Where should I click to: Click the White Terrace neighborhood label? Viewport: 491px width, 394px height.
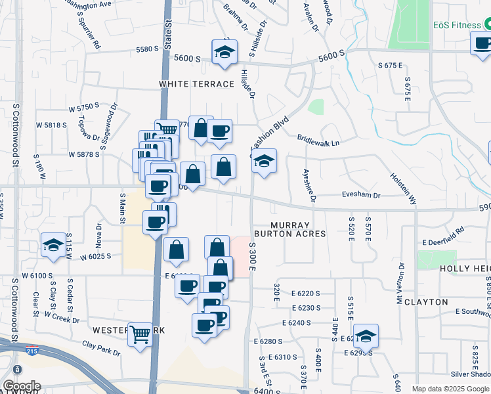point(197,84)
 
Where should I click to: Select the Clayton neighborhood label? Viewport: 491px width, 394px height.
point(444,302)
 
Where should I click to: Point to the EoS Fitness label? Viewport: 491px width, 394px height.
point(458,25)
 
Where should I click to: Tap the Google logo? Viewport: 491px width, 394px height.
point(21,386)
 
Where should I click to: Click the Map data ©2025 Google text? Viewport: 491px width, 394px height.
point(450,389)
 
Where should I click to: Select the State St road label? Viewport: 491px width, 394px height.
point(169,32)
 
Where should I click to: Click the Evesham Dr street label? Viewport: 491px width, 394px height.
point(360,195)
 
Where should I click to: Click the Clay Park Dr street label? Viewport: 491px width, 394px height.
point(101,349)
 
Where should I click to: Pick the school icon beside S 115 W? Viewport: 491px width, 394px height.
point(53,245)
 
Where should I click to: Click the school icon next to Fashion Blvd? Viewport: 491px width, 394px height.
point(264,161)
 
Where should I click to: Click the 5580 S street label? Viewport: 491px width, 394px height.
point(147,49)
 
